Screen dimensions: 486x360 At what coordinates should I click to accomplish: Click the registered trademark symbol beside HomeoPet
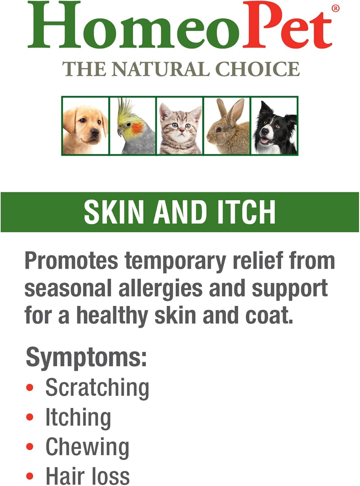coord(336,8)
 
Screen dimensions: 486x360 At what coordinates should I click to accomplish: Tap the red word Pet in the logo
coord(287,28)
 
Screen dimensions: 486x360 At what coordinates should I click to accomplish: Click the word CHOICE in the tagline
coord(258,69)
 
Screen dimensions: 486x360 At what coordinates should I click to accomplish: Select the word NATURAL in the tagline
coord(161,69)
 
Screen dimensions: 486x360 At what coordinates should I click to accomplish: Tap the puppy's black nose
coord(95,132)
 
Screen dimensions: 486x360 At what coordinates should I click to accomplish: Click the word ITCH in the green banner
coord(246,212)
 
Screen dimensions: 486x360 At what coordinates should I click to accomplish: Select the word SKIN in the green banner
coord(114,212)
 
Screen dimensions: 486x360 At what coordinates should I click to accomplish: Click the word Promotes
coord(71,261)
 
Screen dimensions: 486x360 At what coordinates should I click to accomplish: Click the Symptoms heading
coord(86,357)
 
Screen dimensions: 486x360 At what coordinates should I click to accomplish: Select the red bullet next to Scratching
coord(30,388)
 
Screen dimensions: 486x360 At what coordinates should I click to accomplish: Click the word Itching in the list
coord(78,418)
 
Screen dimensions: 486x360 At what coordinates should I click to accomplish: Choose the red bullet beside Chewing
coord(30,447)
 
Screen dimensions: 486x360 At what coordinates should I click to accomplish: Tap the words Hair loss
coord(88,476)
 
